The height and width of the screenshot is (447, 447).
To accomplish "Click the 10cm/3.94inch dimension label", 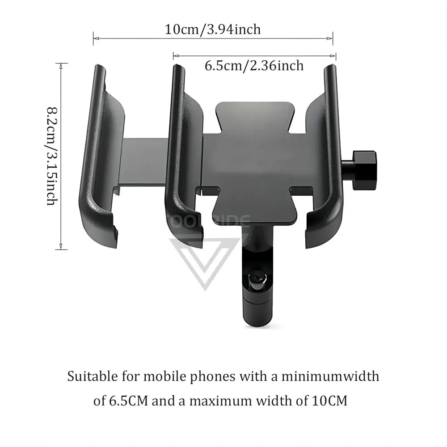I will pyautogui.click(x=213, y=30).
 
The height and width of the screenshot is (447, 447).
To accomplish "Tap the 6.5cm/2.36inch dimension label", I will pyautogui.click(x=254, y=66).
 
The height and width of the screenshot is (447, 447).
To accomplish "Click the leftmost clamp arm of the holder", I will pyautogui.click(x=99, y=156).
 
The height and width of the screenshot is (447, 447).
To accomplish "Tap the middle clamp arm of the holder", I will pyautogui.click(x=181, y=156).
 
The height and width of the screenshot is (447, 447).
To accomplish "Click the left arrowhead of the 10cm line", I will pyautogui.click(x=94, y=38).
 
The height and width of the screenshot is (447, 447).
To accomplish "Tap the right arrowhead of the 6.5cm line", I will pyautogui.click(x=335, y=55).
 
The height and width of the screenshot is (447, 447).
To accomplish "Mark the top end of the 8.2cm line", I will pyautogui.click(x=61, y=63).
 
